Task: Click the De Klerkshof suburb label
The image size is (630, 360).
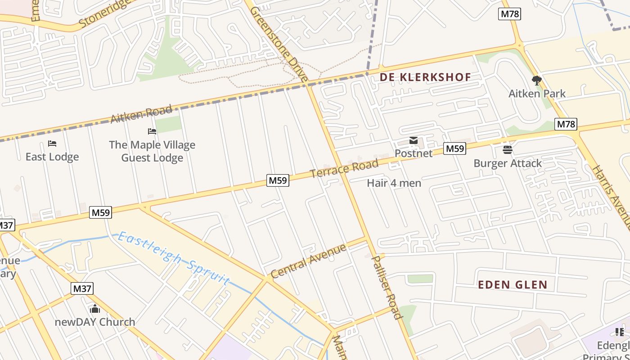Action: [425, 77]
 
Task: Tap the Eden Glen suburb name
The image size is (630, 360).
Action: [513, 285]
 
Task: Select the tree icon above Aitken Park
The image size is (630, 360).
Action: [536, 81]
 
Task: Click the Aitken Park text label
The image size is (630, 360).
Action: [537, 94]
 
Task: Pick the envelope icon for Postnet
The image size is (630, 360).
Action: [413, 141]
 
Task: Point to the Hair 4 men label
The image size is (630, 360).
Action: [394, 183]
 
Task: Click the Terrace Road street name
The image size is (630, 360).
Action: [344, 168]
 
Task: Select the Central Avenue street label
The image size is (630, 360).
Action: [309, 261]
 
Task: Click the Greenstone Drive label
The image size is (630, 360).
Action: [279, 44]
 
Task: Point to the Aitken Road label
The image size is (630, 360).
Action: [141, 114]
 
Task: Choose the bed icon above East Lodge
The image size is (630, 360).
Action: [52, 144]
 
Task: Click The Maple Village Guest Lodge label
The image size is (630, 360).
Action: [152, 151]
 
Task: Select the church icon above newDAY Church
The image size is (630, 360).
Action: [94, 309]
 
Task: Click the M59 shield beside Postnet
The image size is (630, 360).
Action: [454, 148]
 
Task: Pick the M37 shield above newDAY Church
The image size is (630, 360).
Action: [82, 288]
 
